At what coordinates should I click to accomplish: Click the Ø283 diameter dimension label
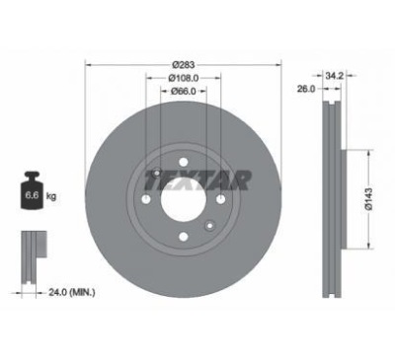pos(183,65)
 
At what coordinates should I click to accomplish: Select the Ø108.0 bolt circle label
pos(184,78)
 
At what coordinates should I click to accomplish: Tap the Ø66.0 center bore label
pos(184,91)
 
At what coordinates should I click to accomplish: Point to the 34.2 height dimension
pos(335,76)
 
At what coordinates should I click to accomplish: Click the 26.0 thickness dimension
pos(306,89)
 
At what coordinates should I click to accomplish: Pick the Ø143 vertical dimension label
pos(368,199)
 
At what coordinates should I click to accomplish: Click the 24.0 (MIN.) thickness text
pos(72,292)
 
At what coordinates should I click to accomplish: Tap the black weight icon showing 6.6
pos(32,190)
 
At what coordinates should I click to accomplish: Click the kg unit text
pos(51,196)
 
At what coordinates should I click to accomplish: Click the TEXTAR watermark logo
pos(198,180)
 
